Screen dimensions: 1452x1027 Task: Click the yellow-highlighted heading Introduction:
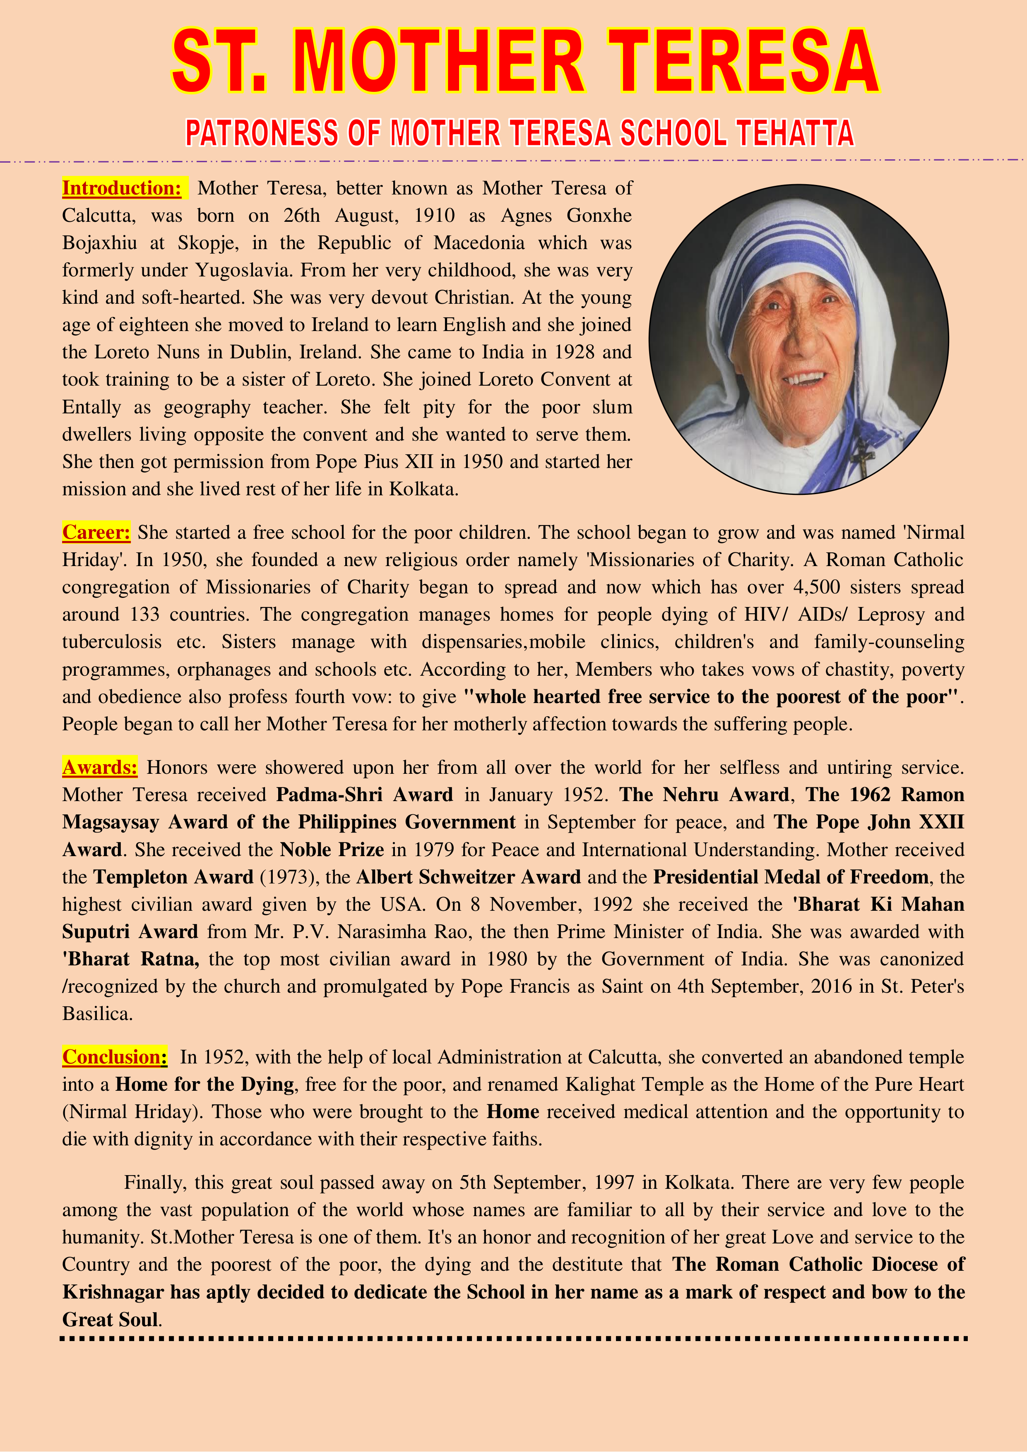point(122,188)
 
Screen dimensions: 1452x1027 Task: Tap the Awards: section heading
point(99,767)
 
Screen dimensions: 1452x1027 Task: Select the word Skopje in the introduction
point(207,243)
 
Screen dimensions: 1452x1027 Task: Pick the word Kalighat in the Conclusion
point(600,1084)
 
